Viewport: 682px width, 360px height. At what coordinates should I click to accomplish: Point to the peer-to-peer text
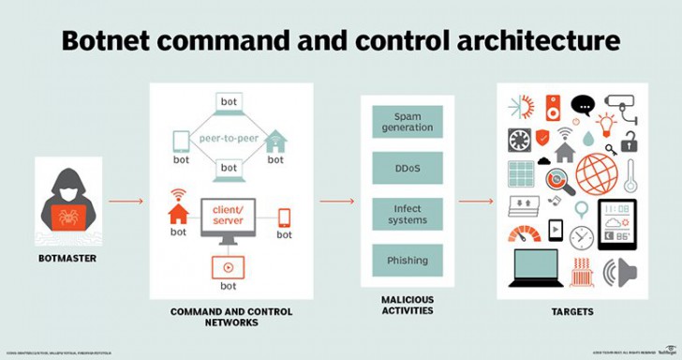[230, 138]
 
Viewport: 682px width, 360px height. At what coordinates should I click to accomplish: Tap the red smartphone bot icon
[284, 218]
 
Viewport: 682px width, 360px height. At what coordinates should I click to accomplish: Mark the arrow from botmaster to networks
[125, 201]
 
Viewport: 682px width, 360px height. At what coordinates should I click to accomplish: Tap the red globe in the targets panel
[596, 173]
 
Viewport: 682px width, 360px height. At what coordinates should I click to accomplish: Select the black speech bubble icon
[583, 104]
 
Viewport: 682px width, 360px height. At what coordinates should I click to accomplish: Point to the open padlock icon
[630, 142]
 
